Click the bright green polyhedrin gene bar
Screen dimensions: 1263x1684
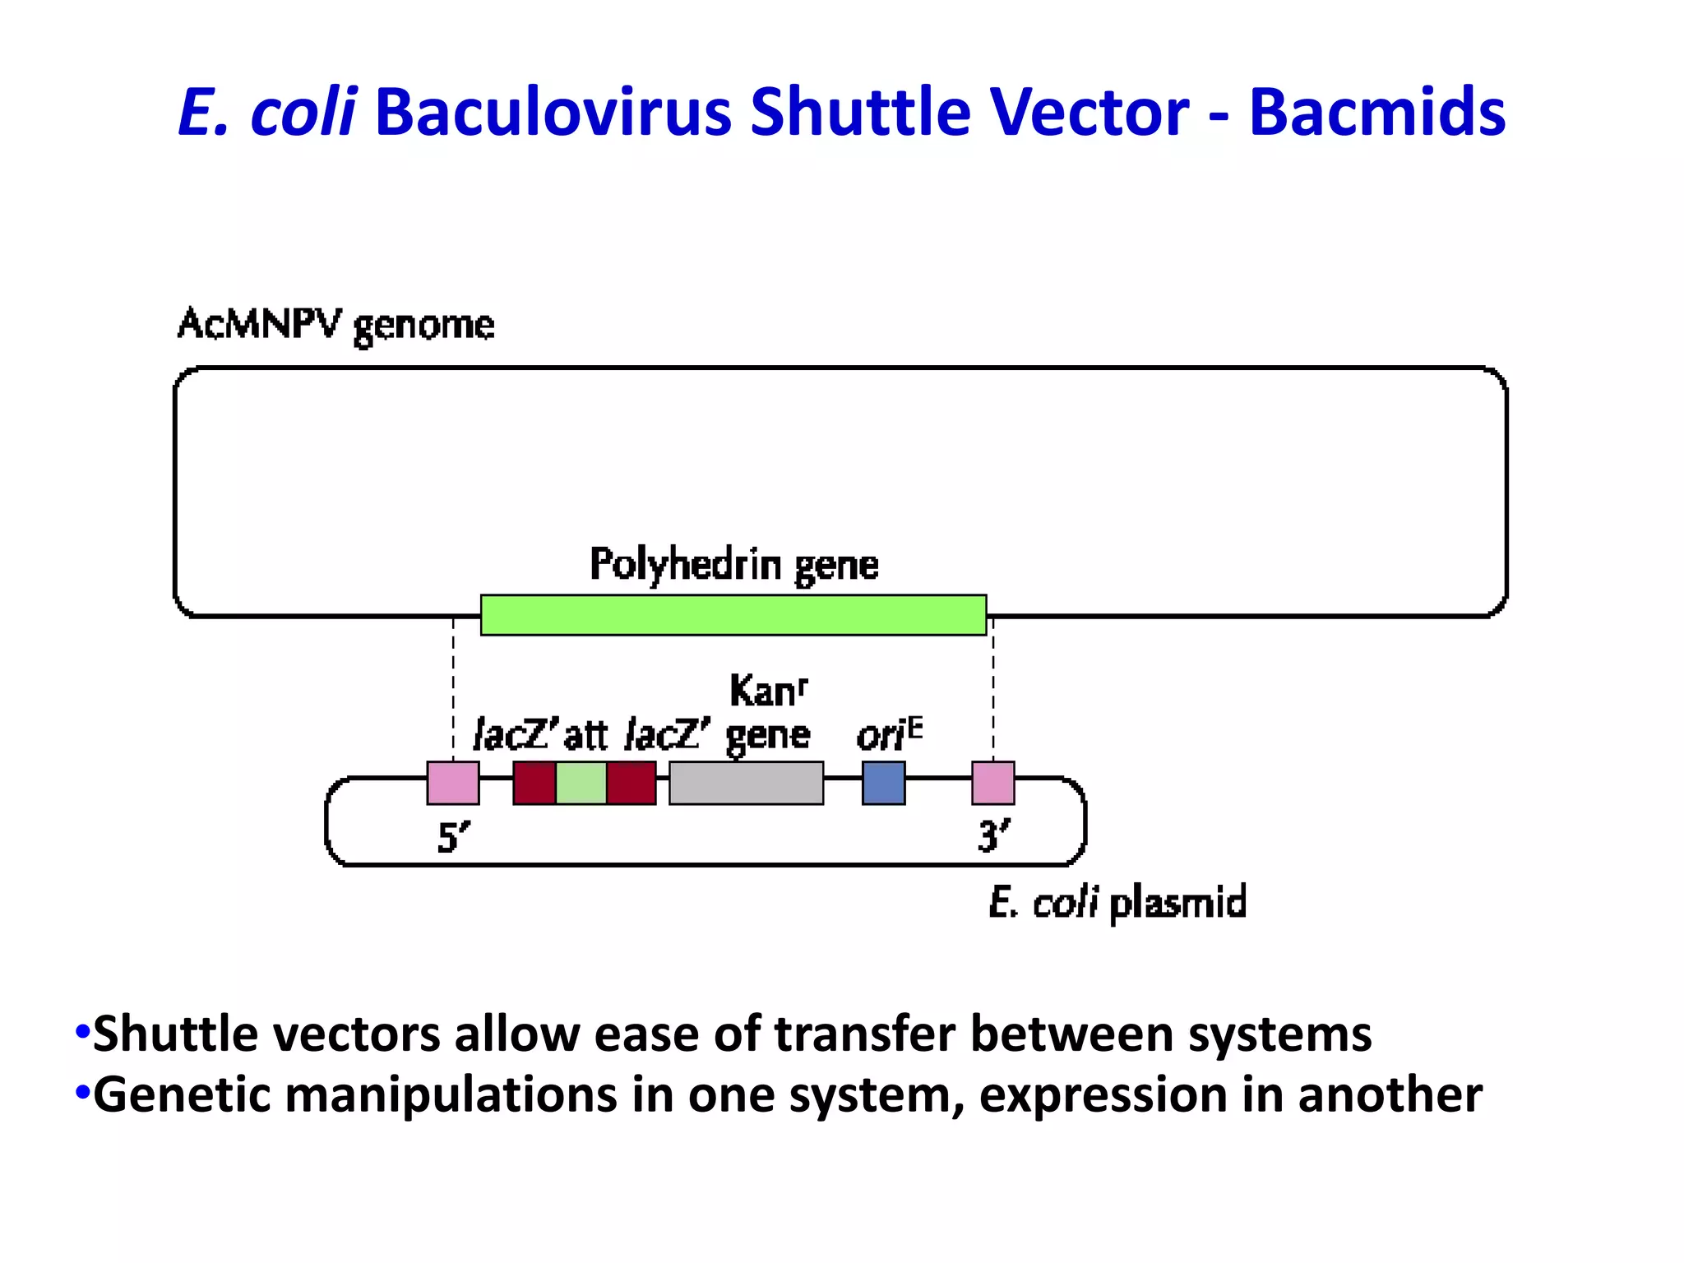click(x=733, y=615)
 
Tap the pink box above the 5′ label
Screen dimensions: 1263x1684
click(x=453, y=783)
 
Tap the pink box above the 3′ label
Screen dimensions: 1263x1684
click(x=992, y=783)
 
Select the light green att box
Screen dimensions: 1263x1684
click(x=581, y=783)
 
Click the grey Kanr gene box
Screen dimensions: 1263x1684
click(x=746, y=783)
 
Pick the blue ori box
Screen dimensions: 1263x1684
click(x=883, y=783)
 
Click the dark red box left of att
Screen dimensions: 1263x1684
click(x=534, y=783)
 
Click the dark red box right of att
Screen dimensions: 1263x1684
click(x=631, y=783)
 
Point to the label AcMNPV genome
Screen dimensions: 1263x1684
click(x=336, y=325)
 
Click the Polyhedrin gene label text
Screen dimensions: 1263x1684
click(x=733, y=566)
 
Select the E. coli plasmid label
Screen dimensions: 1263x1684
click(x=1117, y=903)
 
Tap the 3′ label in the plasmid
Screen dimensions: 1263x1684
click(x=993, y=837)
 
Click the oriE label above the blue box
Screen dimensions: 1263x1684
click(x=888, y=734)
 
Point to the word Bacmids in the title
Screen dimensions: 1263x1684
click(x=1376, y=112)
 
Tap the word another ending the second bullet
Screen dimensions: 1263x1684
click(x=1390, y=1095)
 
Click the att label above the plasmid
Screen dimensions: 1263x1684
click(x=585, y=734)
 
